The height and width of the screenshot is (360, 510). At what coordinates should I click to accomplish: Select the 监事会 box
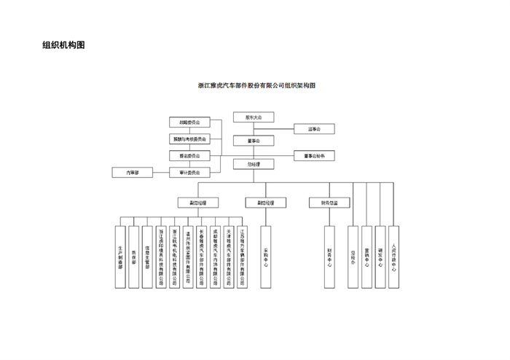point(314,129)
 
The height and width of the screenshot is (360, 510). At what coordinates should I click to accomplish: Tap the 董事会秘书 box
point(314,155)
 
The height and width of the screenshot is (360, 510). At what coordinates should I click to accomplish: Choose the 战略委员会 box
point(189,122)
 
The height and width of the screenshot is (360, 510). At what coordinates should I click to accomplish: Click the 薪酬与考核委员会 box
point(189,138)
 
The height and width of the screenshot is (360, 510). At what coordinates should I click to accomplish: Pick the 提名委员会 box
point(189,155)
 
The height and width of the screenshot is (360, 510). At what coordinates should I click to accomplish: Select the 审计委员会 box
point(189,173)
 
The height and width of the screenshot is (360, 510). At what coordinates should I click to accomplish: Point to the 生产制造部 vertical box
point(119,257)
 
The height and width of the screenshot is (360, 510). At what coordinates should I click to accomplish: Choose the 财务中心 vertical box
point(330,257)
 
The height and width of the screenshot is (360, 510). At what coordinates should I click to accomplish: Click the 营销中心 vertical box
point(366,257)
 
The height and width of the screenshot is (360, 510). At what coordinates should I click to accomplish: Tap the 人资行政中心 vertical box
point(393,257)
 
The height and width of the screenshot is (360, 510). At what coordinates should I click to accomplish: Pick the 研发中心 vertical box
point(380,257)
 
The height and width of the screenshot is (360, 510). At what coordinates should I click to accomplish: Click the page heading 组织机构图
point(63,45)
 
